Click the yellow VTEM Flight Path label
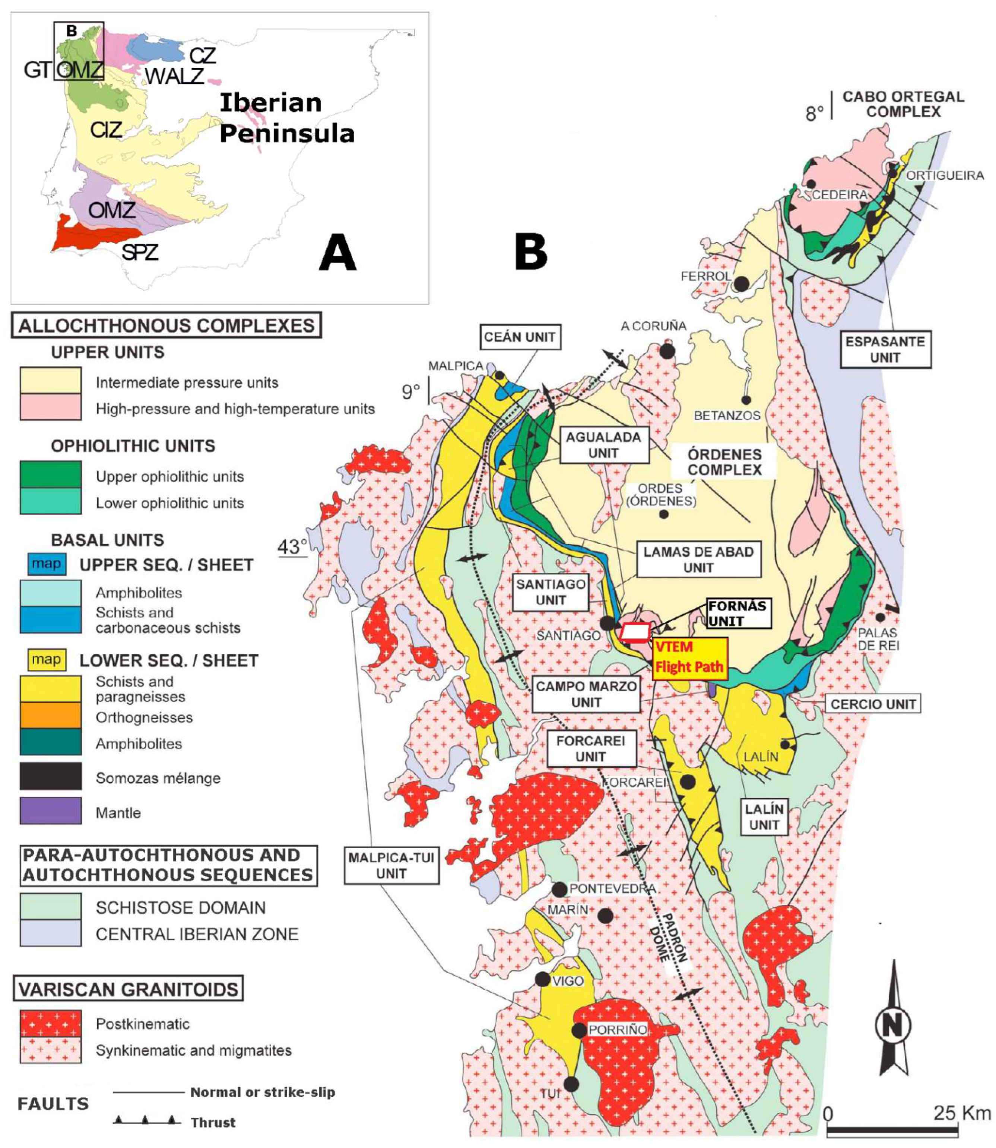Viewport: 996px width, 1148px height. pos(689,657)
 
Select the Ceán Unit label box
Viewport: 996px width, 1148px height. pos(519,337)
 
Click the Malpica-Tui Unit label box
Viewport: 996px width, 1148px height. pos(391,865)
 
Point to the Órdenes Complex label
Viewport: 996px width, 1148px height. pos(724,462)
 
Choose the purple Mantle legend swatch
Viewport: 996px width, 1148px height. pos(51,811)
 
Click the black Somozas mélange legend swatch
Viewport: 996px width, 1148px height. pos(51,776)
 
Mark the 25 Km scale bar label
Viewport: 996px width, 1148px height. pos(961,1113)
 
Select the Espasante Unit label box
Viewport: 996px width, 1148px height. pos(885,349)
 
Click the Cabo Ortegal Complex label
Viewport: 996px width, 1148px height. pos(903,104)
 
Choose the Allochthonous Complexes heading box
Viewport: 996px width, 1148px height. pos(166,325)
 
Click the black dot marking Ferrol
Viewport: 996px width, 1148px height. pos(742,284)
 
